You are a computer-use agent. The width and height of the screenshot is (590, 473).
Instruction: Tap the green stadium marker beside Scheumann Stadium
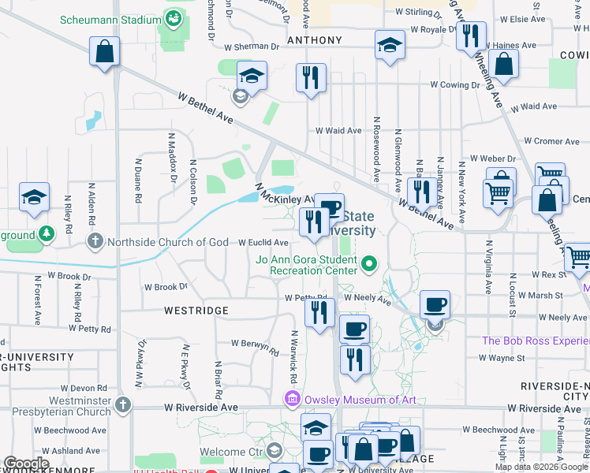[x=173, y=17]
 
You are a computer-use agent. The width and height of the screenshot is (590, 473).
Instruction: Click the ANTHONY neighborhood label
[x=315, y=40]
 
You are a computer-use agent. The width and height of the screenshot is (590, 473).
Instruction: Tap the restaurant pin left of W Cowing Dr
[x=311, y=78]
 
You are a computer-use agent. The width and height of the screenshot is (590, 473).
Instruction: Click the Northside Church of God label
[x=168, y=242]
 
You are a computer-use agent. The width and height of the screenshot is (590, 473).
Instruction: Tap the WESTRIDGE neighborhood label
[x=196, y=311]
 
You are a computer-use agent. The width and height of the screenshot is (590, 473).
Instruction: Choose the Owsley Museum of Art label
[x=359, y=400]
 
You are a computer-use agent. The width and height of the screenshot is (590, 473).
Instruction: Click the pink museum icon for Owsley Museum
[x=293, y=400]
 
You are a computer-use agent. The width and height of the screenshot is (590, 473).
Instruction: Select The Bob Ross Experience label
[x=536, y=341]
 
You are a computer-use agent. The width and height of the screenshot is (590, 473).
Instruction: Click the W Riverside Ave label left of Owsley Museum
[x=201, y=408]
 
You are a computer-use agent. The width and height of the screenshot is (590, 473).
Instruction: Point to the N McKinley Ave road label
[x=284, y=196]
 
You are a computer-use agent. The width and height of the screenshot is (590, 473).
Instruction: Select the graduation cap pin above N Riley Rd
[x=34, y=199]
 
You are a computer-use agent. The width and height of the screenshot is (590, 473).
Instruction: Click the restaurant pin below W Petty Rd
[x=319, y=314]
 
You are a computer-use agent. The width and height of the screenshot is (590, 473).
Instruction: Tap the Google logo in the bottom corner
[x=27, y=464]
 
